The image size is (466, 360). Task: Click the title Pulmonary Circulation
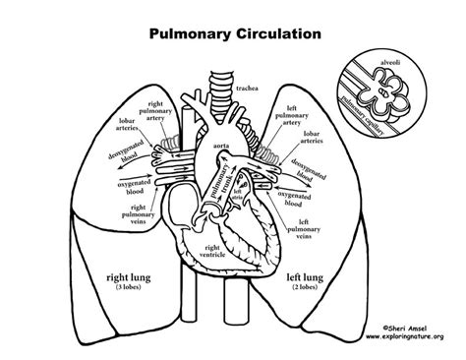(234, 32)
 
